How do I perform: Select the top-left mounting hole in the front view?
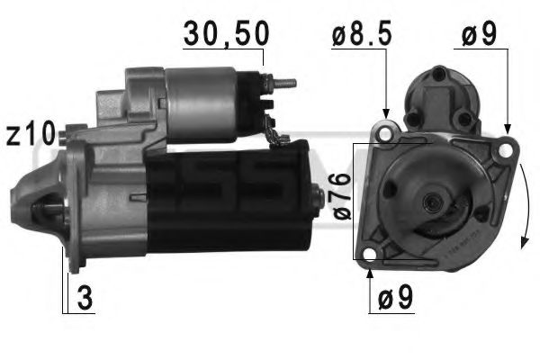point(387,135)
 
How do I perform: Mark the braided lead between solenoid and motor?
point(279,135)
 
